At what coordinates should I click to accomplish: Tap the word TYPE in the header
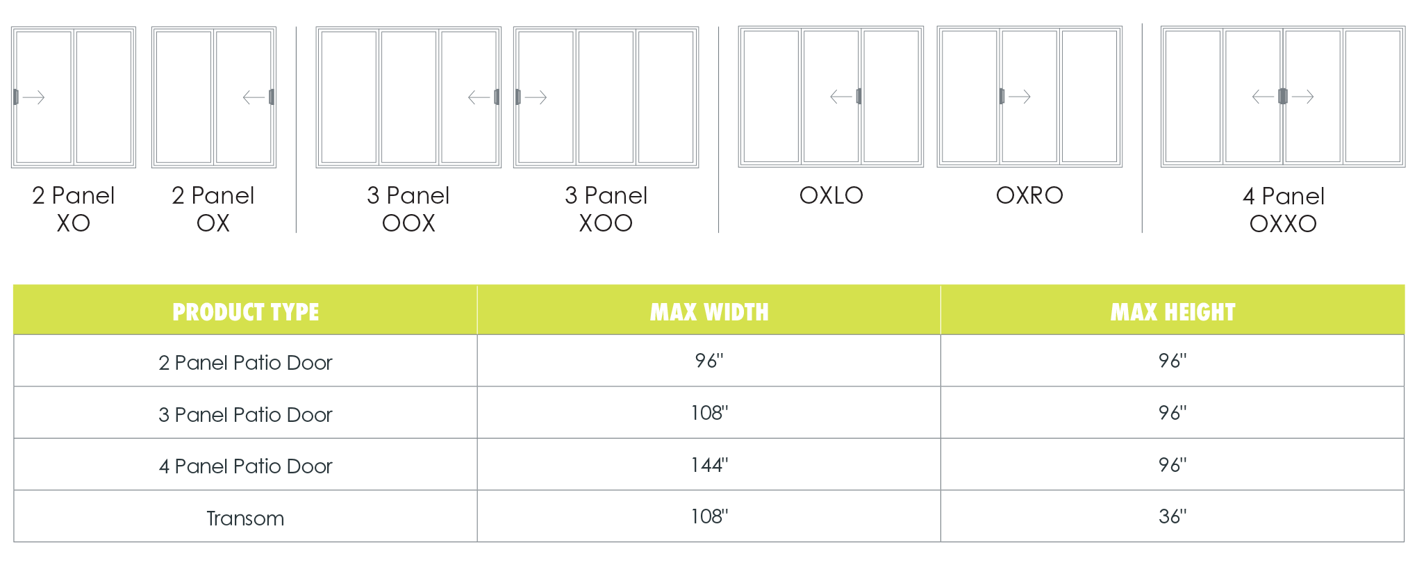(x=296, y=313)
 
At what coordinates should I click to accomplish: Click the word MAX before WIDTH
(x=673, y=313)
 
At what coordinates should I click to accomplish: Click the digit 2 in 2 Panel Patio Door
(x=164, y=363)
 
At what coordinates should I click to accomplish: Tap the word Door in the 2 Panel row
(x=309, y=363)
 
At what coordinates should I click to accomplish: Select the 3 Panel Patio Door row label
(x=245, y=415)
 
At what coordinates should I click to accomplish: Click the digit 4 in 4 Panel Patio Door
(x=164, y=466)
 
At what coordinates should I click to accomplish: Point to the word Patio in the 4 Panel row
(x=256, y=466)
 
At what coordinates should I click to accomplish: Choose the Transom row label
(x=245, y=519)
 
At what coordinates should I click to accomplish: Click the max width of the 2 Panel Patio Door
(x=708, y=361)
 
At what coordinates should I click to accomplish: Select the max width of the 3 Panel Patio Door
(x=708, y=413)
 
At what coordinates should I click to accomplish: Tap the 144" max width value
(x=708, y=465)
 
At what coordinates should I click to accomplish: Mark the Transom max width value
(x=708, y=516)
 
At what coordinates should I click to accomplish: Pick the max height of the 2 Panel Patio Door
(x=1172, y=361)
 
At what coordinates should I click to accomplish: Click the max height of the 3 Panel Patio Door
(x=1172, y=413)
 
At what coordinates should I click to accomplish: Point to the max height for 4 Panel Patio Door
(x=1172, y=465)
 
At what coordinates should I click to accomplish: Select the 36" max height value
(x=1172, y=516)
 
